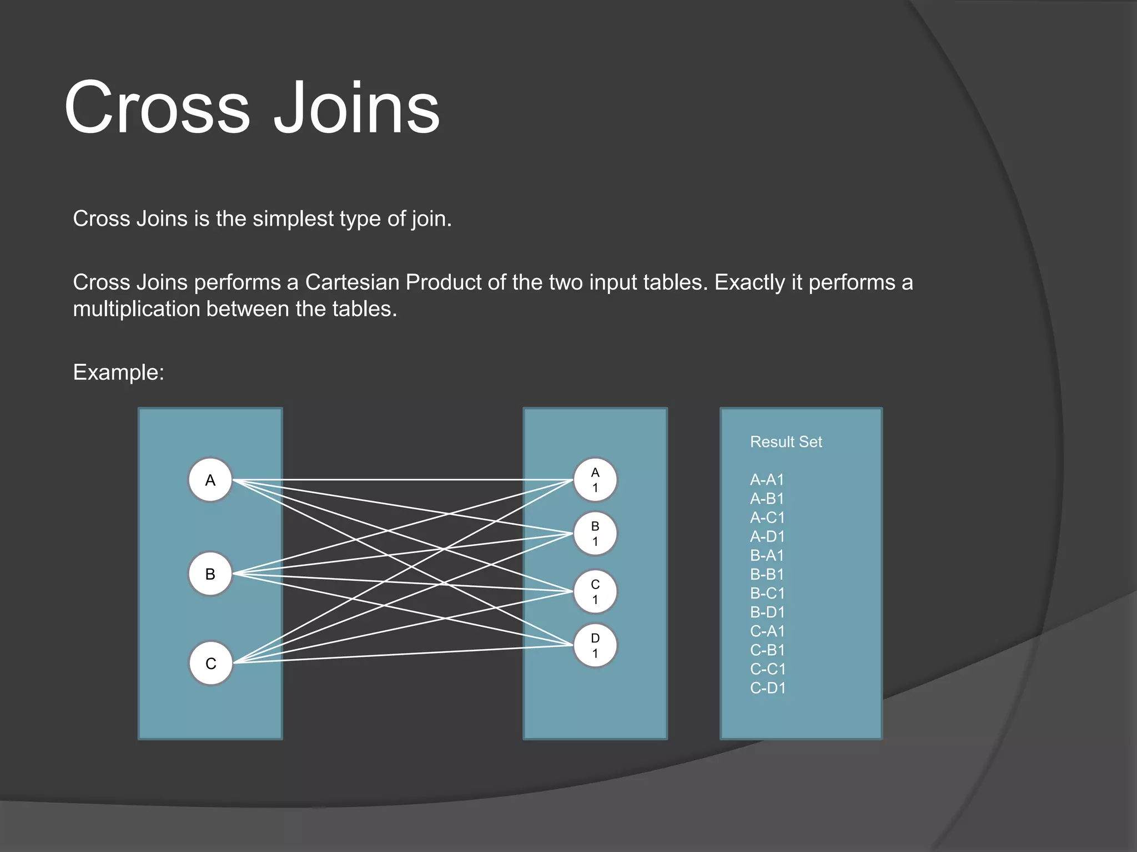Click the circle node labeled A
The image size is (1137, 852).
(210, 480)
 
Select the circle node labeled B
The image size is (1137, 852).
(210, 574)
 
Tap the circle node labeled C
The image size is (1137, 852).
(210, 663)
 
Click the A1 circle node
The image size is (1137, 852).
(595, 480)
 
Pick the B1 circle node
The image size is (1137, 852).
(595, 534)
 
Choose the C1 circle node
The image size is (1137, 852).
(595, 592)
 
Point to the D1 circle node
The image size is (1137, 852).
(595, 646)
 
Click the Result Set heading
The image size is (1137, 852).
(786, 442)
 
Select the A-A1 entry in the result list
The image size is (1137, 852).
(767, 480)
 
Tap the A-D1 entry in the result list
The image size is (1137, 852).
(767, 536)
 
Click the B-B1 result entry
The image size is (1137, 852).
(767, 574)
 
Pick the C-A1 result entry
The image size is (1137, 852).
(767, 631)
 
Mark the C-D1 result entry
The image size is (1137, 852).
(768, 688)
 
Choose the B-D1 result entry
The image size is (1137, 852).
(767, 612)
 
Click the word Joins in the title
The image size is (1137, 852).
(356, 108)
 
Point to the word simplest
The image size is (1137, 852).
(293, 219)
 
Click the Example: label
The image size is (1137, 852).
(118, 372)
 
